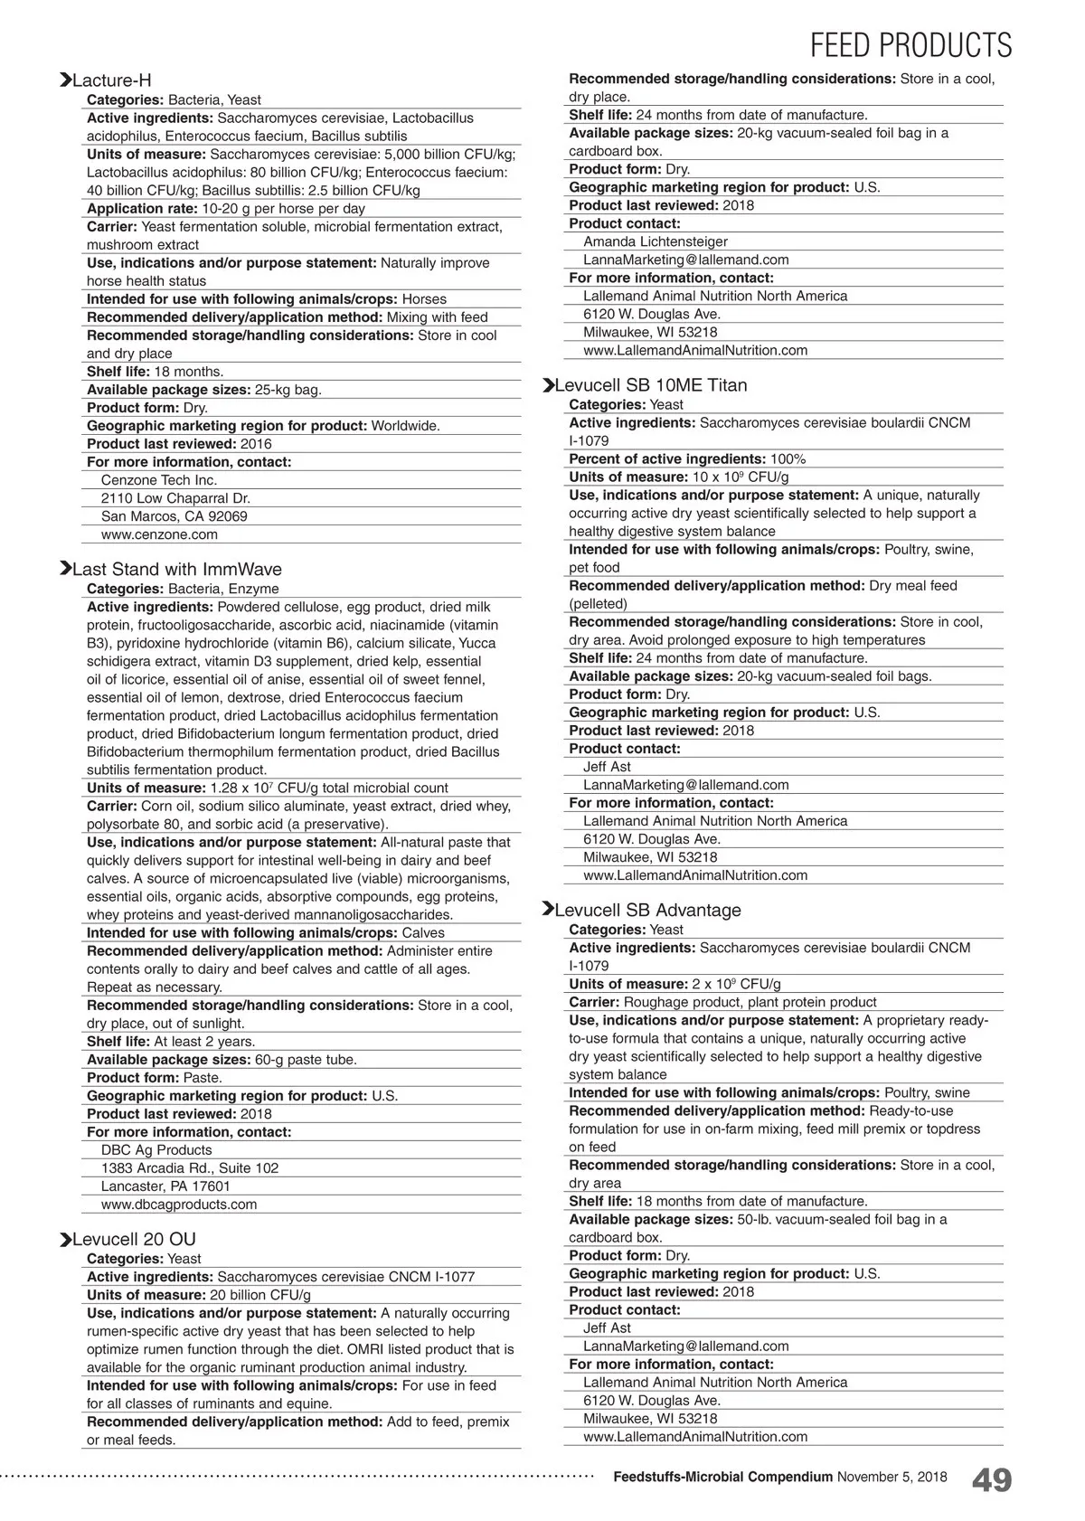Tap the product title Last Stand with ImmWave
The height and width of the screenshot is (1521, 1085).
[x=176, y=570]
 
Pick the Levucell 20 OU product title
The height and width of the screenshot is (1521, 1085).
[x=134, y=1239]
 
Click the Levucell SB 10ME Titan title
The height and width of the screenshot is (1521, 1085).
[x=651, y=385]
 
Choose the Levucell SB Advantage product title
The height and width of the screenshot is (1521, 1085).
[x=647, y=910]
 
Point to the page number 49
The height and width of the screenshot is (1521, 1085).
[x=992, y=1480]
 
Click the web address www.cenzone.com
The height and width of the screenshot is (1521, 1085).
[x=159, y=534]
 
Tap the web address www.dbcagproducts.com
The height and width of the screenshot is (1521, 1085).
[x=179, y=1205]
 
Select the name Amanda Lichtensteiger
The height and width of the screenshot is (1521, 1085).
[x=656, y=241]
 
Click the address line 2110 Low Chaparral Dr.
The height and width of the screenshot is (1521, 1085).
[x=175, y=498]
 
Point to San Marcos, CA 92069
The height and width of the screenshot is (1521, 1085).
[x=175, y=516]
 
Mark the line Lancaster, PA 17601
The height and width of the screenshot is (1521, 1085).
[x=165, y=1186]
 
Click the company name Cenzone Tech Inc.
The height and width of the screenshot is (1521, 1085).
[x=159, y=480]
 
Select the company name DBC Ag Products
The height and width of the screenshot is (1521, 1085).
[x=156, y=1150]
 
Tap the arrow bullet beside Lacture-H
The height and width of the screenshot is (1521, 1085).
[x=65, y=80]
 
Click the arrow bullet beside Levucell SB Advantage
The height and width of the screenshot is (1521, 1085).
[x=547, y=909]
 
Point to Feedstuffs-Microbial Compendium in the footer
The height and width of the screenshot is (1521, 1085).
[x=722, y=1477]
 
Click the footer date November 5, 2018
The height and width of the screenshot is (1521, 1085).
[x=892, y=1477]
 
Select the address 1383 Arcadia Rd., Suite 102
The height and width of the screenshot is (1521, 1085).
[x=190, y=1168]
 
